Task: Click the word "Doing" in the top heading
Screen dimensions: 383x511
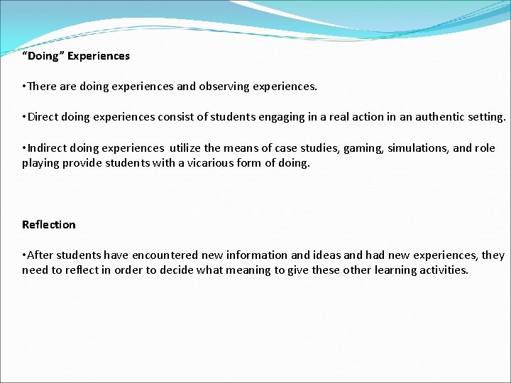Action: (43, 55)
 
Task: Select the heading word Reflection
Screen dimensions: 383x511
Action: (48, 225)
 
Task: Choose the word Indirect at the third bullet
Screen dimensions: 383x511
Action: (49, 148)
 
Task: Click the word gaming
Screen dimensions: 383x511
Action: (363, 148)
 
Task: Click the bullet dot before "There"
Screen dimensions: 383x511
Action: (24, 87)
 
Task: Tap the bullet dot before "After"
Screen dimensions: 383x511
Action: (24, 255)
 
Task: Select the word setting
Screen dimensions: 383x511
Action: (486, 117)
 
